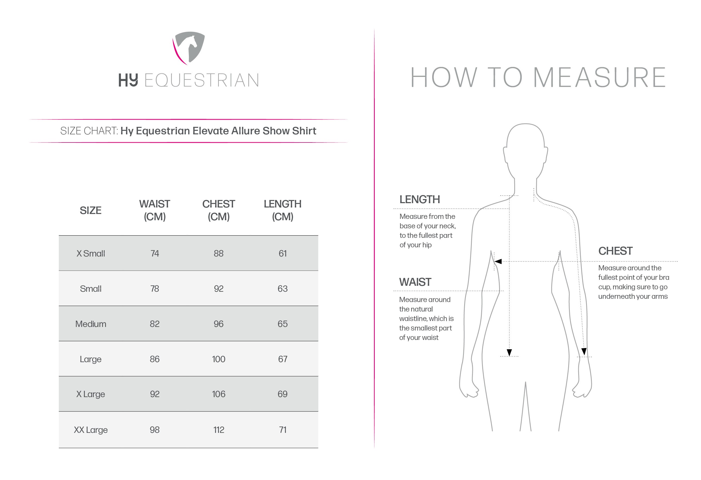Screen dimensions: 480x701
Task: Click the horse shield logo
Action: [189, 48]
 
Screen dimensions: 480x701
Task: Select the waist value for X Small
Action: [154, 253]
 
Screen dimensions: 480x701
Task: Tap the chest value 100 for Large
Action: [218, 359]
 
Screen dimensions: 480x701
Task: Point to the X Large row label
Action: [91, 394]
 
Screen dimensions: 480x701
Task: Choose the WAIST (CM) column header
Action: [154, 210]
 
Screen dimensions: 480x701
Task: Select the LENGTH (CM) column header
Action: [283, 210]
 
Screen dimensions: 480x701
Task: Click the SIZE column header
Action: [91, 210]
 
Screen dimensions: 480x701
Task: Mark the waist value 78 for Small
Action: [154, 288]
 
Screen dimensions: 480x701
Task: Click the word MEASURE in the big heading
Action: [599, 77]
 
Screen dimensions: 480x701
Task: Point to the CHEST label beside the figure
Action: [615, 251]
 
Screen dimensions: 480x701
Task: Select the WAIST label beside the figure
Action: [415, 282]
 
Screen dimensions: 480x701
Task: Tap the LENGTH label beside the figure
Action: [419, 199]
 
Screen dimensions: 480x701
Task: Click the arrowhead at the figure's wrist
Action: [584, 352]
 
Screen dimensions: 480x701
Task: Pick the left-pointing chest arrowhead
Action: [498, 261]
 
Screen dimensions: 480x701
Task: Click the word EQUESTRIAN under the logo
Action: [202, 80]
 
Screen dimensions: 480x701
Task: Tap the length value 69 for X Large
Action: [283, 394]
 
